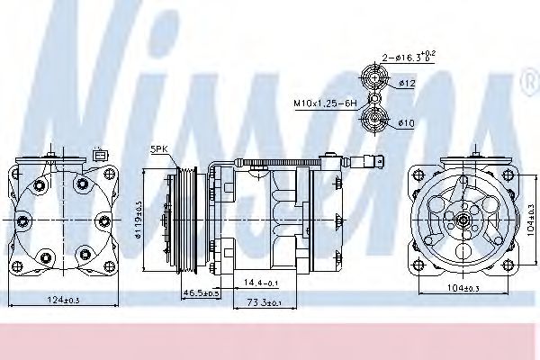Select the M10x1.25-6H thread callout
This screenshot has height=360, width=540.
pyautogui.click(x=324, y=103)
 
